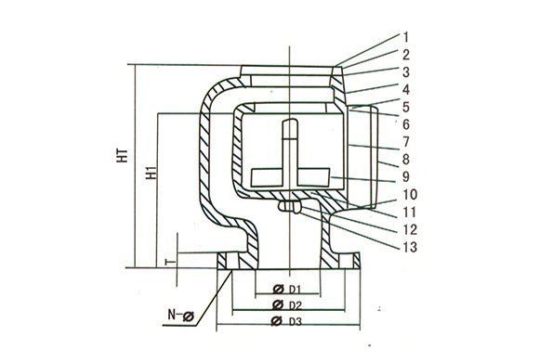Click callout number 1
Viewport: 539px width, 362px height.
click(x=405, y=37)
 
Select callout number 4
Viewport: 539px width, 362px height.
click(x=406, y=90)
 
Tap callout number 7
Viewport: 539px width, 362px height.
click(x=406, y=142)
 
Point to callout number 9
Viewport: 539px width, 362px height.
click(x=406, y=177)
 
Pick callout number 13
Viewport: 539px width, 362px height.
click(x=410, y=247)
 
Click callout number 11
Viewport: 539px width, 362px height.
click(x=409, y=213)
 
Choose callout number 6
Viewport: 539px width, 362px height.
click(x=406, y=124)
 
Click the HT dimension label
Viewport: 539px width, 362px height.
click(x=124, y=156)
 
